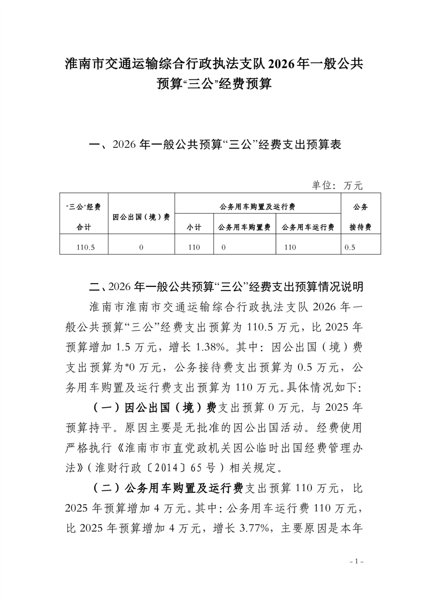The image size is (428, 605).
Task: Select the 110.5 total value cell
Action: point(86,247)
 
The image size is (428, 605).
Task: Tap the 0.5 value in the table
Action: point(350,247)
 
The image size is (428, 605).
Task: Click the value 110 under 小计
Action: point(194,247)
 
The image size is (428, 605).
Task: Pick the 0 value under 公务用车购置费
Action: point(222,247)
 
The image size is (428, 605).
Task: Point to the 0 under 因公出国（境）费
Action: point(141,247)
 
